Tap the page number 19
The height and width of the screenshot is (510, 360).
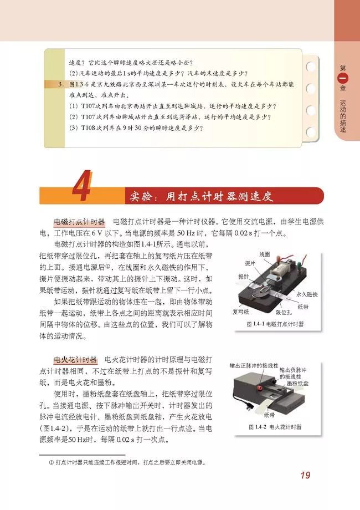(x=306, y=475)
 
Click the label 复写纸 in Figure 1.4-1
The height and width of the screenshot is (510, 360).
(x=240, y=312)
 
